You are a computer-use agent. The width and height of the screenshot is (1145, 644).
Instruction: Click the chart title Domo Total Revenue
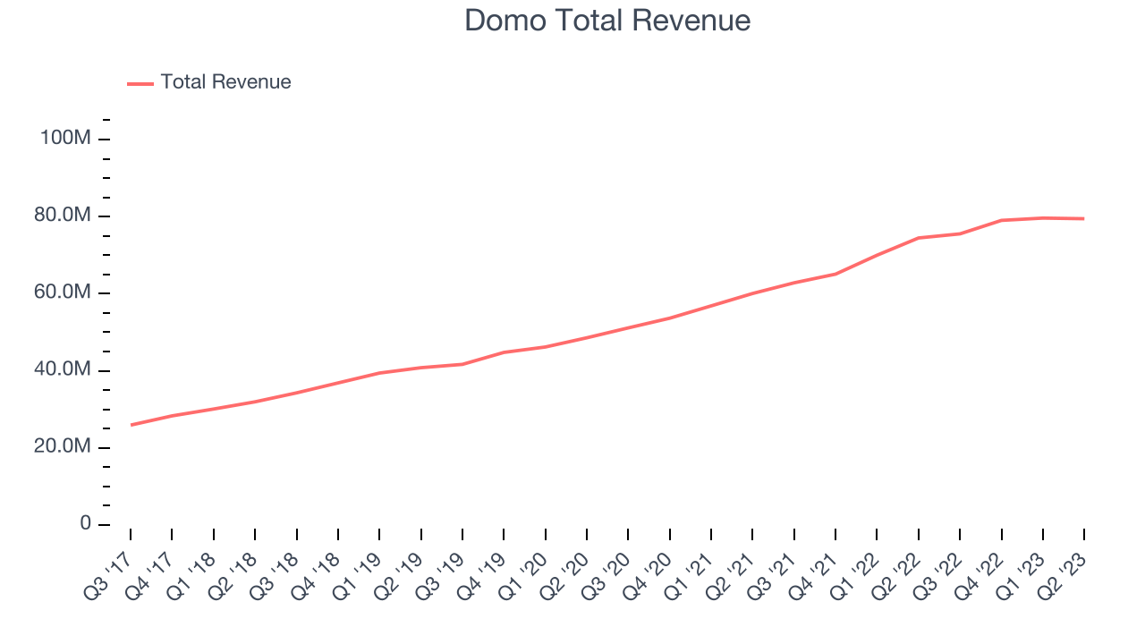pyautogui.click(x=607, y=21)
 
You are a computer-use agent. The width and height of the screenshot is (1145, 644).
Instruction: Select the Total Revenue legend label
pyautogui.click(x=225, y=81)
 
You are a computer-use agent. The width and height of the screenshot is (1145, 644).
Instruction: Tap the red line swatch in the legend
pyautogui.click(x=140, y=84)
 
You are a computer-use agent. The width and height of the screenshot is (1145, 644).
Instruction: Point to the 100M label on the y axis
pyautogui.click(x=65, y=138)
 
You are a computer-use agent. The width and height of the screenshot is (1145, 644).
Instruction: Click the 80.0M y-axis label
pyautogui.click(x=63, y=216)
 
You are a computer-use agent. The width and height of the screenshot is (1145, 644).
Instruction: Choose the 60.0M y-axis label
pyautogui.click(x=63, y=292)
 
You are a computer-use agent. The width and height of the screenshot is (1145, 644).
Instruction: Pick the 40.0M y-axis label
pyautogui.click(x=63, y=369)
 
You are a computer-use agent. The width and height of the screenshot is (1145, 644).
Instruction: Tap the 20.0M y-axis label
pyautogui.click(x=63, y=446)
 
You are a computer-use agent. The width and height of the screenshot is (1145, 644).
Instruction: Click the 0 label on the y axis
pyautogui.click(x=85, y=523)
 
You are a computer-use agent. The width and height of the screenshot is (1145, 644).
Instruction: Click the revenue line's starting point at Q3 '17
pyautogui.click(x=131, y=425)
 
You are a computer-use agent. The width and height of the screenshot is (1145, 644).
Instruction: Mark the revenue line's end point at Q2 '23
pyautogui.click(x=1084, y=219)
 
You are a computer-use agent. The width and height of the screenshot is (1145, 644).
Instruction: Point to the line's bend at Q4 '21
pyautogui.click(x=835, y=275)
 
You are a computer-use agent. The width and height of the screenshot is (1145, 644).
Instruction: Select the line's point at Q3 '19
pyautogui.click(x=462, y=364)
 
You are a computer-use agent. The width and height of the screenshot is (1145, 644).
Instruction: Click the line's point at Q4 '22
pyautogui.click(x=1001, y=220)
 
